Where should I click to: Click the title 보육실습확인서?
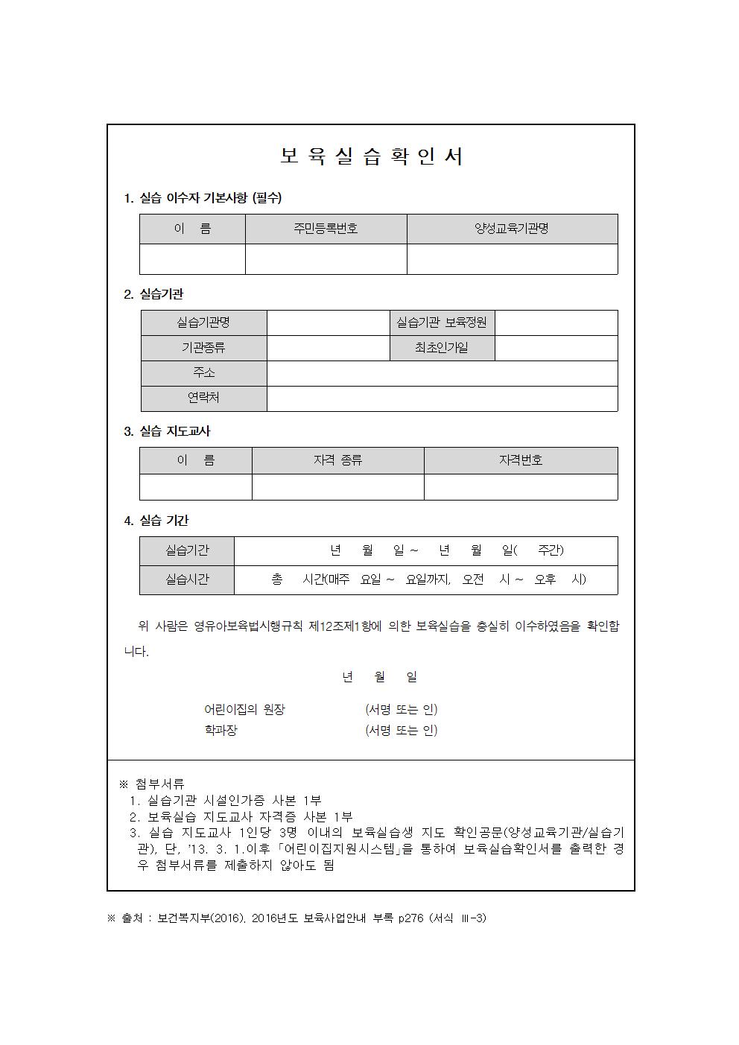pos(371,157)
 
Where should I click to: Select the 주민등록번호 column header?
pos(326,229)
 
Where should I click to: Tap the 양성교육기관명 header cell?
pos(512,229)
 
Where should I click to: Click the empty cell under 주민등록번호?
pos(326,259)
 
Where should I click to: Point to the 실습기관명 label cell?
pos(203,323)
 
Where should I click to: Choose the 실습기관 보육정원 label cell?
pos(442,323)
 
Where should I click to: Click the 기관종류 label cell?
pos(203,348)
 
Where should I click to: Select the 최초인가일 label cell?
pos(442,348)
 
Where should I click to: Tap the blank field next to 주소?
pos(442,373)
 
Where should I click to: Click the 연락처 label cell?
pos(203,398)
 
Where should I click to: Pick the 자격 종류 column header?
pos(337,460)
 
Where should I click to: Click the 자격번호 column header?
pos(520,460)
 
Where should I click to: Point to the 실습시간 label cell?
pos(187,579)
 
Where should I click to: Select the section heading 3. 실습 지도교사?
pos(167,431)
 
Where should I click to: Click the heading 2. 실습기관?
pos(153,294)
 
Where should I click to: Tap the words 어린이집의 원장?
pos(244,710)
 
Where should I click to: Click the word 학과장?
pos(221,731)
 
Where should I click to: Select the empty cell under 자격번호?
pos(520,487)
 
